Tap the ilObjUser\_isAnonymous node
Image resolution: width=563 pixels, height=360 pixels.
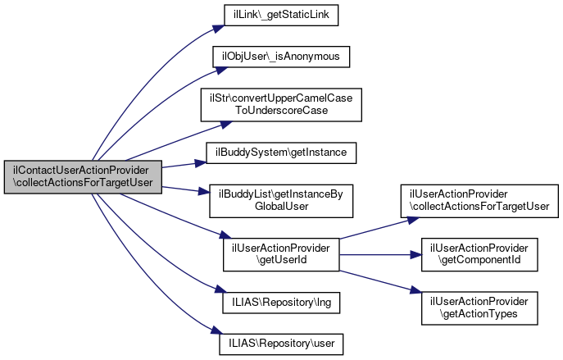[x=281, y=56]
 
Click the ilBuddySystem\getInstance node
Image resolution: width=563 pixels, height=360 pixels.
[x=281, y=152]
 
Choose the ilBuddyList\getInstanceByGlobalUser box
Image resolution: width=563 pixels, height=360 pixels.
[x=281, y=199]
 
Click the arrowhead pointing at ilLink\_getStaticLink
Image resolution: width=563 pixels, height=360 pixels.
[x=219, y=18]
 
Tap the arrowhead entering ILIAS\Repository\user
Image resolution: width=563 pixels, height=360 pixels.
[x=215, y=337]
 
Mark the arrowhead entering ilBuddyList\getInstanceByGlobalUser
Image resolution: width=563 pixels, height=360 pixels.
[x=205, y=193]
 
